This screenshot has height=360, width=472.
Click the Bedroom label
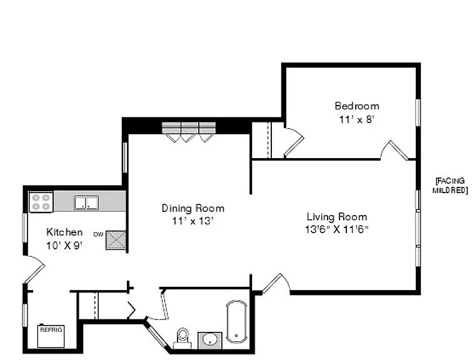(x=357, y=106)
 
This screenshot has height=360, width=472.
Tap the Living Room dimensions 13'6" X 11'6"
(x=337, y=229)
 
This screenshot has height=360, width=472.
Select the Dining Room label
(x=193, y=208)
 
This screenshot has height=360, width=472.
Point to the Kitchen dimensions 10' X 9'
(x=64, y=246)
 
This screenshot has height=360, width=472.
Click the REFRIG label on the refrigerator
(x=51, y=330)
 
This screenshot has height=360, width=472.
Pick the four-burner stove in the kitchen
(x=41, y=202)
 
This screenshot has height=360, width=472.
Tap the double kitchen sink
(x=86, y=203)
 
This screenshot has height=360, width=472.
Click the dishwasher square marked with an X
(x=116, y=240)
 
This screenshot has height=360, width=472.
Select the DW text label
(x=98, y=234)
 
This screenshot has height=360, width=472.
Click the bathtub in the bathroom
(x=236, y=321)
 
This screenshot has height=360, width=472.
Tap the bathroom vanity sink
(x=210, y=341)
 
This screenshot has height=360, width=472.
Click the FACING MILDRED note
(x=450, y=186)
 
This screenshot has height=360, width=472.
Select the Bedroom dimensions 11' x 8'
(x=357, y=120)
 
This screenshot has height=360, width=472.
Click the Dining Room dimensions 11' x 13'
(x=193, y=221)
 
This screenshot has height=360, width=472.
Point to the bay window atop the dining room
(x=189, y=131)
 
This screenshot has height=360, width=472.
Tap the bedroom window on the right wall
(x=418, y=112)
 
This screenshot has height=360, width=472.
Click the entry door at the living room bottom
(x=276, y=284)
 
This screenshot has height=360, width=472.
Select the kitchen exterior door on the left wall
(x=34, y=269)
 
